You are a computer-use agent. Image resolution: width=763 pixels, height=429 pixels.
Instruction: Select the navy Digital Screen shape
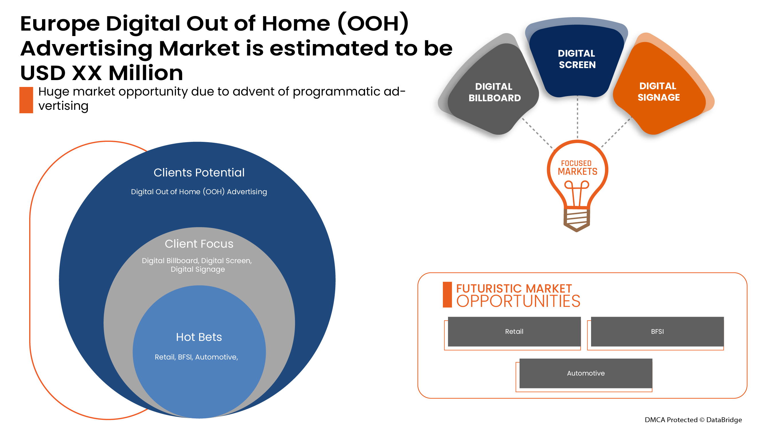coord(577,59)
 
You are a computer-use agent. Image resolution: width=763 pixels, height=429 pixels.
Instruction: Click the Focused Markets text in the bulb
coord(577,168)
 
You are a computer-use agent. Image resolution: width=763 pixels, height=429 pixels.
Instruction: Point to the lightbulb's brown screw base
coord(576,220)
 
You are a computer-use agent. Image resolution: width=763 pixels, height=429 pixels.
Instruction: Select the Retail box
coord(514,331)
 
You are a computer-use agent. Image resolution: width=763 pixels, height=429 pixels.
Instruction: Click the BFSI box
coord(657,331)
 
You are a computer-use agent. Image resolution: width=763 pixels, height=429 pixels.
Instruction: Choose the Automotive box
coord(586,373)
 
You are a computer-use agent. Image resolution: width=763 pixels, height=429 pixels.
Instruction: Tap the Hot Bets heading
coord(199,337)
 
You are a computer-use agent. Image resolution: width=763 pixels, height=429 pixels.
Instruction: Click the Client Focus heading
coord(199,244)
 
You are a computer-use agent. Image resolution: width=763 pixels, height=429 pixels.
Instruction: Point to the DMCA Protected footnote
coord(693,420)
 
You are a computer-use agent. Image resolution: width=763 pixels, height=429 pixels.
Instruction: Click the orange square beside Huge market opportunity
coord(26,100)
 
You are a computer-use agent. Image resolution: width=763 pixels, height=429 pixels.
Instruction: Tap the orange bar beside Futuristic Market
coord(447,295)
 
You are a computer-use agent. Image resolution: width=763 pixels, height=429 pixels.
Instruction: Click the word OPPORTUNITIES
coord(518,301)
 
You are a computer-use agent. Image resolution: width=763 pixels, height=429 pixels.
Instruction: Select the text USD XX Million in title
coord(102,73)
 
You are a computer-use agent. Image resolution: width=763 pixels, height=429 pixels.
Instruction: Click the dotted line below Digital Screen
coord(577,118)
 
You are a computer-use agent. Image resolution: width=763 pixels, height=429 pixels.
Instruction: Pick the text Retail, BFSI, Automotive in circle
coord(196,357)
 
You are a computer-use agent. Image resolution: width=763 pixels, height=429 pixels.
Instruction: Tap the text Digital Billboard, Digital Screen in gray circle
coord(197,261)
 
